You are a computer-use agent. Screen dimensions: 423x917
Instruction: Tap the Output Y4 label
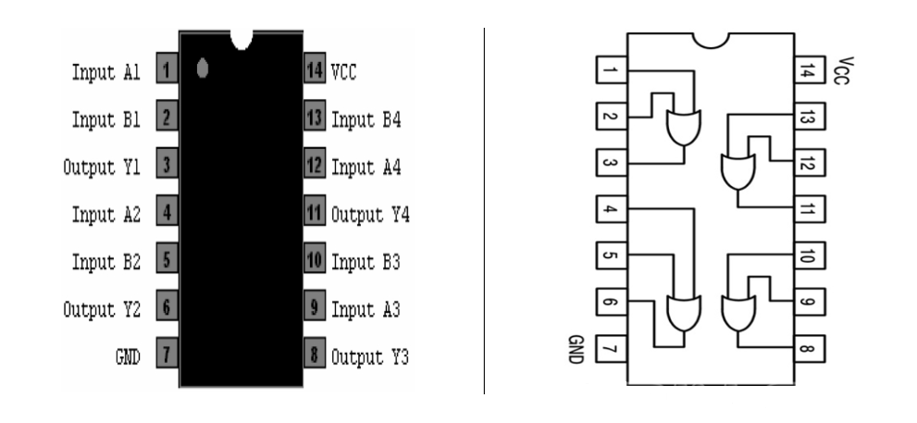[x=370, y=214]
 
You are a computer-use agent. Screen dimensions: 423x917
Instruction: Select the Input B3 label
[x=366, y=262]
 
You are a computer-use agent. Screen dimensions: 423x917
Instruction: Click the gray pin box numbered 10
[x=314, y=262]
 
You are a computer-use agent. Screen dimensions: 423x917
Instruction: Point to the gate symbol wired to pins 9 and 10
[x=737, y=314]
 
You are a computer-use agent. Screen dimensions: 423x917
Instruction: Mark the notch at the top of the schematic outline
[x=710, y=40]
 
